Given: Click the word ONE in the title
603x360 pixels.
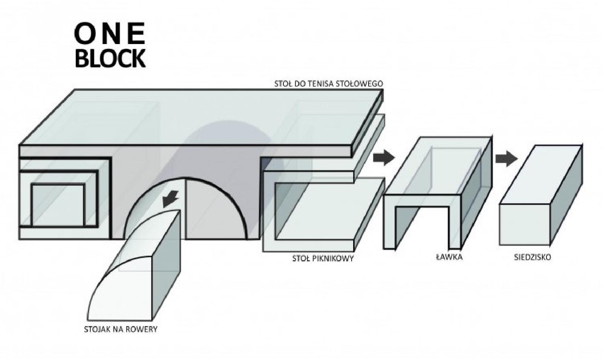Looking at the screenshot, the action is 110,34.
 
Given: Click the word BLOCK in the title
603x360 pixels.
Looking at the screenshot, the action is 110,58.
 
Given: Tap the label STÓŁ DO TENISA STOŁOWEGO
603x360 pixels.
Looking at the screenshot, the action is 328,84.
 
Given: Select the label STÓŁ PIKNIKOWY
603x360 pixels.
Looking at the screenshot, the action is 323,259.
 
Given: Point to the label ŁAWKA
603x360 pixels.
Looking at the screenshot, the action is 449,257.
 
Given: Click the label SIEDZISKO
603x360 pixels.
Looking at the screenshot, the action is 533,257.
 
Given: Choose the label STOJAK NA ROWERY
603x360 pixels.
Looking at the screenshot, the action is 121,329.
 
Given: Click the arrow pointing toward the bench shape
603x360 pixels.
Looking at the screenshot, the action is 384,157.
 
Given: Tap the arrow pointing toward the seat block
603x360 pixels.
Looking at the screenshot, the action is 507,159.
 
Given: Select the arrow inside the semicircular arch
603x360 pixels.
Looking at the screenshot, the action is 171,199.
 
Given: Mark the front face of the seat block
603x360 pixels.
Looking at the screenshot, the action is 524,225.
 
